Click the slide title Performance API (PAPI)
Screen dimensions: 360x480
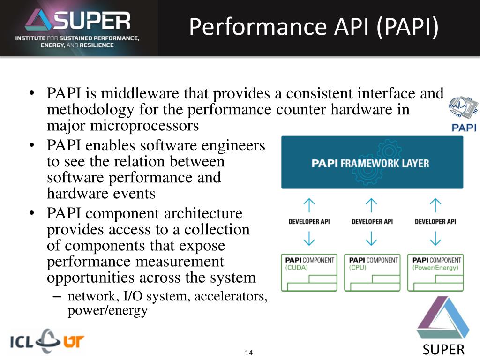pos(314,27)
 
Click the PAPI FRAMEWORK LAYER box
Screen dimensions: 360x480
pos(372,163)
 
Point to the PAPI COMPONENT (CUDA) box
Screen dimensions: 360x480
pos(309,272)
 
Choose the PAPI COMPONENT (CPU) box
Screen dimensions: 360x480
pos(372,272)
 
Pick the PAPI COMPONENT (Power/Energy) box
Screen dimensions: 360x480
pos(435,272)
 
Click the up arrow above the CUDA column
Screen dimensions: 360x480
pos(309,204)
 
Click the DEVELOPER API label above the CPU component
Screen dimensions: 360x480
pos(372,221)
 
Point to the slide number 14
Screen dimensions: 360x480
pos(248,352)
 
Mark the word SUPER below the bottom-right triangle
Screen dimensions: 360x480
pos(443,350)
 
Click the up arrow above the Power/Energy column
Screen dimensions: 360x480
pos(435,204)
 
